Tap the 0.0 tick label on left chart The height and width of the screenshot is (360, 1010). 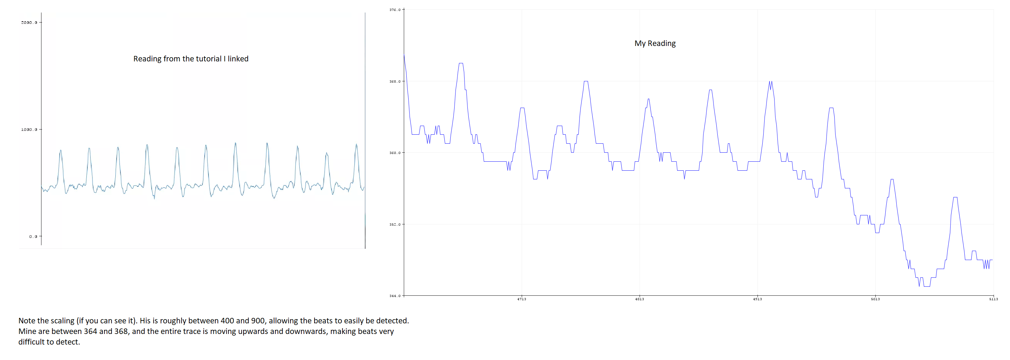tap(33, 237)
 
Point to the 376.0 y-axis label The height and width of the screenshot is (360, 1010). tap(395, 10)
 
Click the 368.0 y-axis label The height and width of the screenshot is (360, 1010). tap(395, 82)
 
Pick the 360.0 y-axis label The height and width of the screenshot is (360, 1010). tap(395, 153)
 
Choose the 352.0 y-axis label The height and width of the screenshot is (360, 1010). tap(395, 225)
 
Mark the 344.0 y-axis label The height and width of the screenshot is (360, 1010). tap(395, 296)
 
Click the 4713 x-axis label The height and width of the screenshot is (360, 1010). tap(521, 299)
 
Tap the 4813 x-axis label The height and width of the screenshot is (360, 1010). tap(640, 299)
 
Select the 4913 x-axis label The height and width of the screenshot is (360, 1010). tap(758, 299)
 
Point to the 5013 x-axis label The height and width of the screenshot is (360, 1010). tap(875, 299)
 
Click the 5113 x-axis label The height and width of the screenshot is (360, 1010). tap(994, 299)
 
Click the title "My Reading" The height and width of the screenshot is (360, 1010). tap(655, 43)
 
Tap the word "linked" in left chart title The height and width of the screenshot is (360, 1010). tap(238, 59)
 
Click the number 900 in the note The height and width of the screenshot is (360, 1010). tap(258, 321)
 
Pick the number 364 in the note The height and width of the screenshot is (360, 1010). tap(90, 331)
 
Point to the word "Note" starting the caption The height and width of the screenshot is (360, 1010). tap(27, 321)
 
